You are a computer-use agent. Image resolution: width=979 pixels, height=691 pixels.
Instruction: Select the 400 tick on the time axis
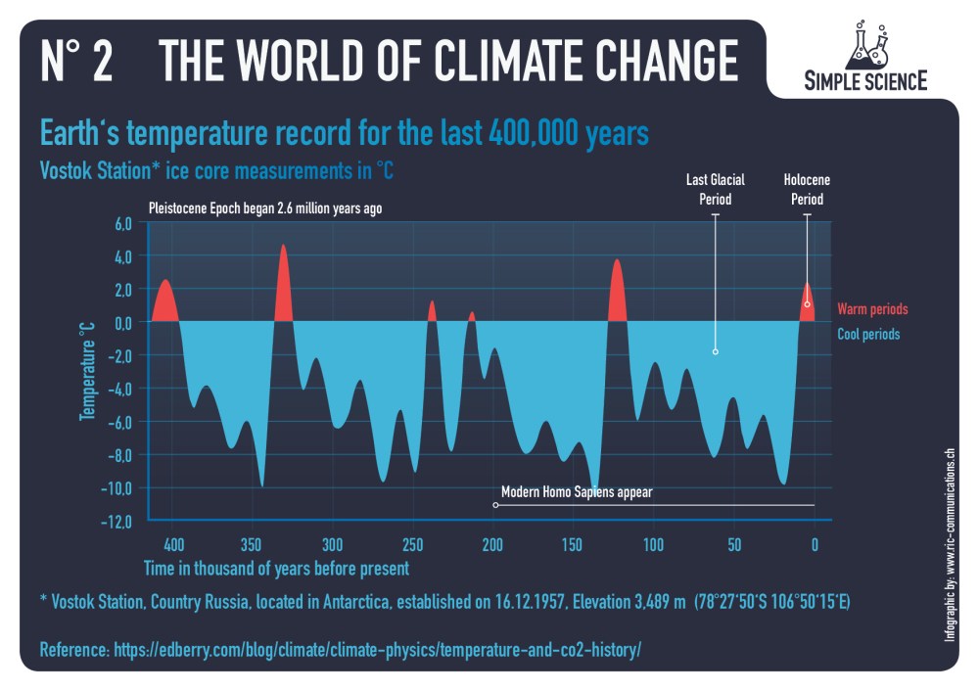pos(171,544)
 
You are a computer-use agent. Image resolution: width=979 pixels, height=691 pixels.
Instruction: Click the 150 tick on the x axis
pos(573,544)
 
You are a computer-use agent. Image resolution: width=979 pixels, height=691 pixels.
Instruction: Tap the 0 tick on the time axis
pos(815,544)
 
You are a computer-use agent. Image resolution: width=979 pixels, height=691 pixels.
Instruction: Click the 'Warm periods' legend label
pos(872,309)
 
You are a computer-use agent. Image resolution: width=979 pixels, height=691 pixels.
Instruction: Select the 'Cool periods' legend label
pos(868,334)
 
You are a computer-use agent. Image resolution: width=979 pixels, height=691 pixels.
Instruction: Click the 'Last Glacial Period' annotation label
pos(716,189)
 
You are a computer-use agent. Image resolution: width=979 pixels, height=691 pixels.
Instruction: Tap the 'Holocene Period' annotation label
pos(807,189)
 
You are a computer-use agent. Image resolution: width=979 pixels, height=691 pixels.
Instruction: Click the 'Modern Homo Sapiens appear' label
pos(576,492)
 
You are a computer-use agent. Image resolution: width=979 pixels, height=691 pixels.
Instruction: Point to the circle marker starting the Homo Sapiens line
pos(495,505)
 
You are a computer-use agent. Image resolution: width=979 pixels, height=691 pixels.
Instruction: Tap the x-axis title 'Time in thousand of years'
pos(276,568)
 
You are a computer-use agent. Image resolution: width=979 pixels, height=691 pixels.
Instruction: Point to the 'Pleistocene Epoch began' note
pos(264,208)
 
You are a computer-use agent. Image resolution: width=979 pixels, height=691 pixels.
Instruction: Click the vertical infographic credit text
pos(949,545)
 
